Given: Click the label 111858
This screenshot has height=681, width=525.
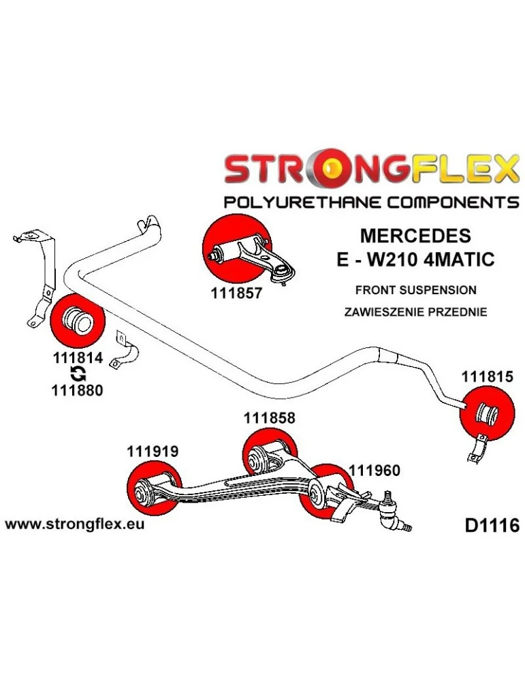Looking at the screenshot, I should click(270, 418).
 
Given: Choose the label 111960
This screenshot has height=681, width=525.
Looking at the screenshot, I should click(375, 470).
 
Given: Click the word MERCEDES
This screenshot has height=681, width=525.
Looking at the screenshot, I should click(414, 236).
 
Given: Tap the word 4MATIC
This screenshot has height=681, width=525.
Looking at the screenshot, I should click(464, 259).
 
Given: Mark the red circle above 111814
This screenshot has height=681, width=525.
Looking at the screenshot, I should click(77, 320).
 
